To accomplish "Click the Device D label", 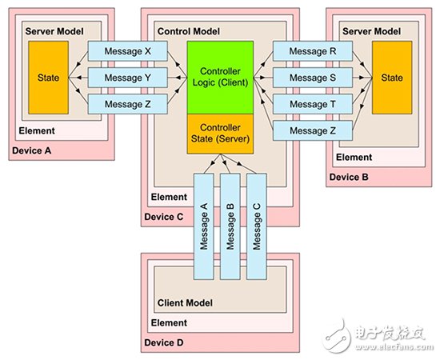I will [x=164, y=342].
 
